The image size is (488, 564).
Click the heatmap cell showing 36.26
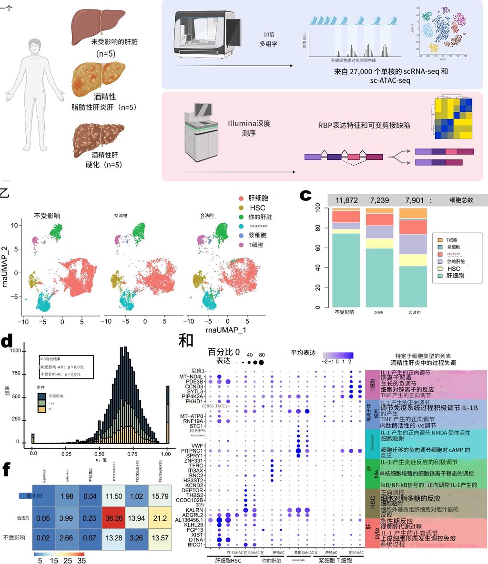113,519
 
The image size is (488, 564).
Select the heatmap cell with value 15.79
160,496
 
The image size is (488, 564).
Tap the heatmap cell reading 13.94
137,519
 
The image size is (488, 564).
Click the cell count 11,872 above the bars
346,200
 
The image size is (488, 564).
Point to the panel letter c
305,196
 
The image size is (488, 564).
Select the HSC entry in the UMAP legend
257,208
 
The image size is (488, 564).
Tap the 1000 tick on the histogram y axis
16,350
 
